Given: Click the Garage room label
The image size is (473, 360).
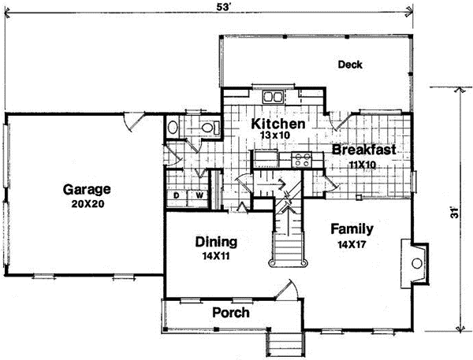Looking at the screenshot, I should coord(87,190).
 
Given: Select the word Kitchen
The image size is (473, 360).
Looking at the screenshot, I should coord(277,124).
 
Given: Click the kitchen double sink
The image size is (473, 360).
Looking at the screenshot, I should coord(274,98).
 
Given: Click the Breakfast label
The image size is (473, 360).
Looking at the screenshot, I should coord(363,150).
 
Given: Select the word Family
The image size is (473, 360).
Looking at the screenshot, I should coord(352,229).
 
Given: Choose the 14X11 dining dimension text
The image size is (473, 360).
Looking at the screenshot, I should coord(215,255).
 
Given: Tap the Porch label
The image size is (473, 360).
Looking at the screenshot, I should coord(233,313).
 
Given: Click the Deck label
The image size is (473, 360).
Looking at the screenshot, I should coord(349,65).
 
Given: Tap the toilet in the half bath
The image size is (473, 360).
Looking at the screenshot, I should coord(208,128).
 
